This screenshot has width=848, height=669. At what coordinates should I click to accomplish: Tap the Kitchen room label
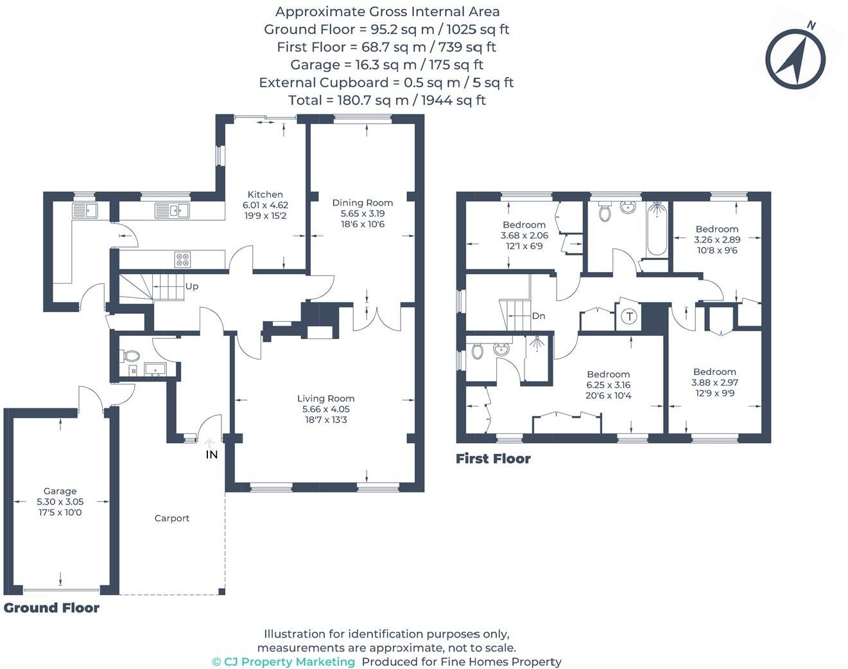click(x=265, y=195)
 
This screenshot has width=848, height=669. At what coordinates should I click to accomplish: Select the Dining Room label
click(x=362, y=203)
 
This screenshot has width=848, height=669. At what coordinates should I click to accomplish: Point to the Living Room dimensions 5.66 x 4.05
click(x=325, y=409)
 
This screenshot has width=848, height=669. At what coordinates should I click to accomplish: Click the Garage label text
click(x=60, y=491)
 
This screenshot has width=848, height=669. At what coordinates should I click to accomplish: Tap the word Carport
click(x=171, y=518)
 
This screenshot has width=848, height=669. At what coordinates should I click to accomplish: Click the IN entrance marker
click(x=211, y=454)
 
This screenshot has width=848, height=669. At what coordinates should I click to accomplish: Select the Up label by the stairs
click(x=191, y=286)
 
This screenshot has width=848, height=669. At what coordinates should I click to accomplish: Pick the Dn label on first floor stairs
click(x=539, y=316)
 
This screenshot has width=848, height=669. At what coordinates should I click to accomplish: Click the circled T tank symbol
click(x=629, y=316)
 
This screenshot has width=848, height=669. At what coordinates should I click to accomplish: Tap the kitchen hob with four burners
click(x=183, y=259)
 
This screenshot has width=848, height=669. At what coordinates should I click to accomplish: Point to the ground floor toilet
click(x=131, y=355)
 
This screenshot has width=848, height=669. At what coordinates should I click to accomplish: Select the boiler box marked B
click(x=134, y=371)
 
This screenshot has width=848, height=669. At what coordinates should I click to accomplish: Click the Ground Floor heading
click(x=51, y=608)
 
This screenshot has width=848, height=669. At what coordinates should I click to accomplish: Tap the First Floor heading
click(x=493, y=458)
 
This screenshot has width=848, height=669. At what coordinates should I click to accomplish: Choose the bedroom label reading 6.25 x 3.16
click(x=608, y=385)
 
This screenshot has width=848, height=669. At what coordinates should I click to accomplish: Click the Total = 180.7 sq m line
click(x=386, y=100)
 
